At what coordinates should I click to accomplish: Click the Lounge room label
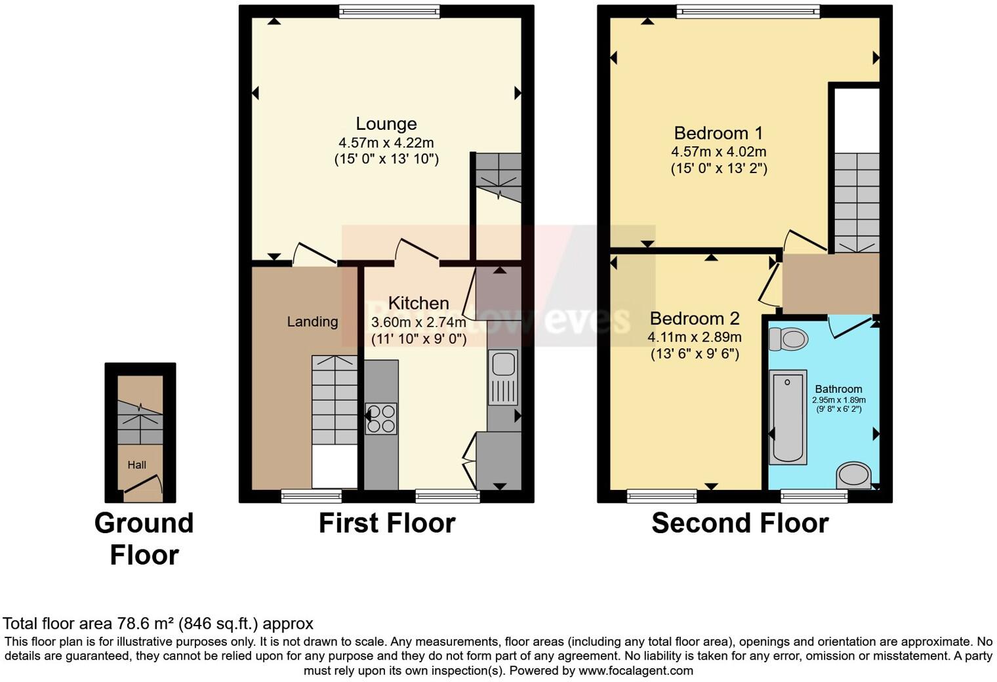click(386, 124)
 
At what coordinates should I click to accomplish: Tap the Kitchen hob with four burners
click(381, 418)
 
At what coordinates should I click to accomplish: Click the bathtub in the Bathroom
click(788, 417)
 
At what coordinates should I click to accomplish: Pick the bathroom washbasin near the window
click(853, 475)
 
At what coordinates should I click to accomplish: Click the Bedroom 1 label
click(718, 133)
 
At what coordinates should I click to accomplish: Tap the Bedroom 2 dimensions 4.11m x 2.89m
click(695, 337)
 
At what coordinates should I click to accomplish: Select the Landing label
click(312, 321)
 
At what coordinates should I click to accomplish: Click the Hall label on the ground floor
click(136, 465)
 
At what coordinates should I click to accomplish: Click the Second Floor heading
click(739, 523)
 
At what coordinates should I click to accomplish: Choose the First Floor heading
click(387, 523)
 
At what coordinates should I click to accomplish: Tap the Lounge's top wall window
click(389, 11)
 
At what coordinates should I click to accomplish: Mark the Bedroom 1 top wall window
click(748, 11)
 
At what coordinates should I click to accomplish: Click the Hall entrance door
click(142, 485)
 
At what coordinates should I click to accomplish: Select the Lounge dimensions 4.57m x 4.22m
click(386, 142)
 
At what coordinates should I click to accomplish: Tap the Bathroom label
click(838, 389)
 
